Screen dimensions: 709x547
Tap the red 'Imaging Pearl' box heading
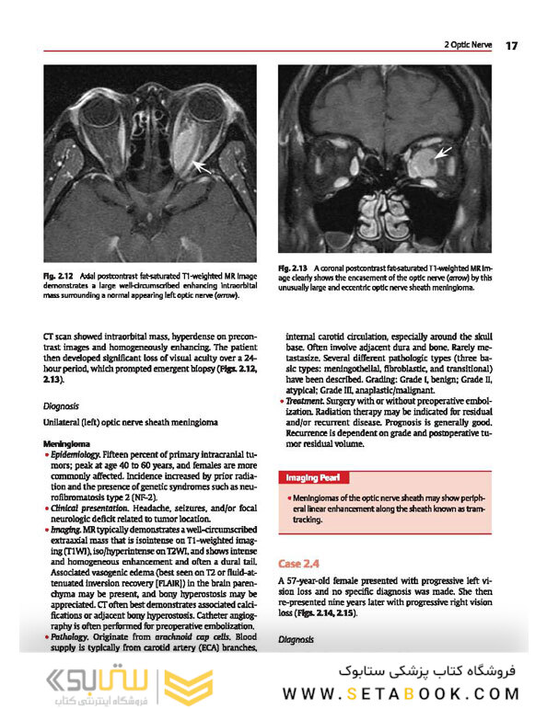tap(315, 478)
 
